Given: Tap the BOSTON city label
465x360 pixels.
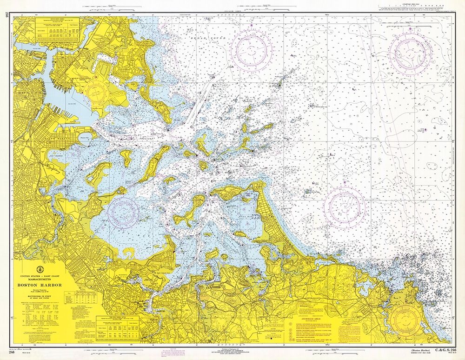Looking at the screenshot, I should point(23,93).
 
